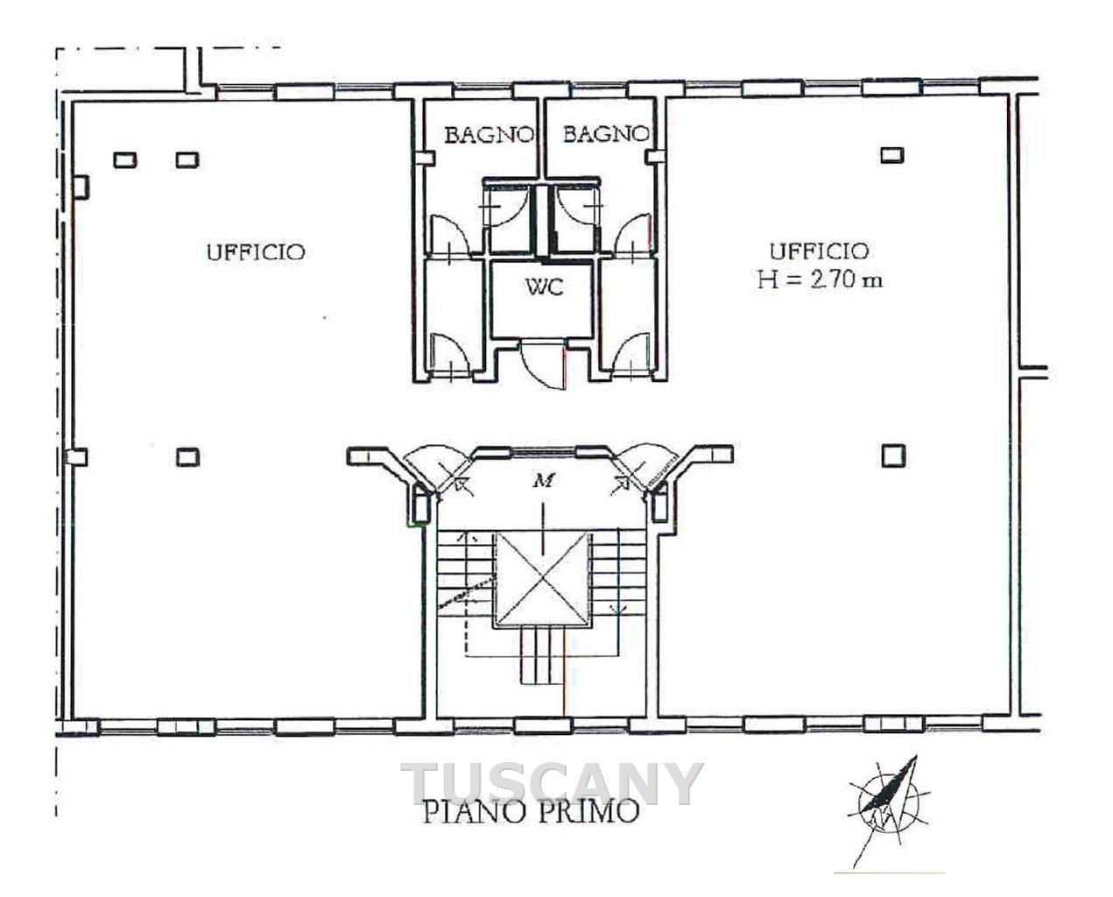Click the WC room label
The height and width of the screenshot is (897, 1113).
tap(544, 287)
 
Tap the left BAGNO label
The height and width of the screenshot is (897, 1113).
tap(490, 135)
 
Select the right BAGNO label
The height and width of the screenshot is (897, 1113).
tap(606, 134)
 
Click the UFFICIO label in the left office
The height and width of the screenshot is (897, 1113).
tap(256, 252)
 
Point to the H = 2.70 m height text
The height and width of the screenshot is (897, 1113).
tap(820, 280)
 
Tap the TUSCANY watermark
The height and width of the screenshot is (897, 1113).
tap(552, 784)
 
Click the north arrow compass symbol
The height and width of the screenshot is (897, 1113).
tap(891, 810)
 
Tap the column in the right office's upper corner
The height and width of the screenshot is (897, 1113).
tap(891, 155)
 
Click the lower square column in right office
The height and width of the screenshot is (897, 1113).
tap(893, 456)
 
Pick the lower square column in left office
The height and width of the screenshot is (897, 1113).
tap(187, 457)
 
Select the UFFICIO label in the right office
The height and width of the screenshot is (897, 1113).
tap(820, 252)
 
